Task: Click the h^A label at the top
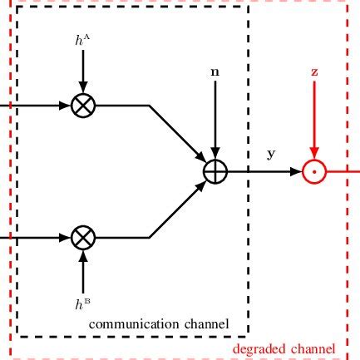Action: pos(82,39)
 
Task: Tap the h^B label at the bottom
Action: pos(82,304)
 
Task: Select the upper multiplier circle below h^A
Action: pos(82,106)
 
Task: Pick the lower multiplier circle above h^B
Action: pos(82,237)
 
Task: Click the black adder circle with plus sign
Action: pos(215,171)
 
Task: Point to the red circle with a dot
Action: pos(314,171)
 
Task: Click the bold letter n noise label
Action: pos(215,72)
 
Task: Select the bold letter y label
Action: pos(271,154)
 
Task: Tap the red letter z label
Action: pos(314,72)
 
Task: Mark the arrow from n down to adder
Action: pos(215,121)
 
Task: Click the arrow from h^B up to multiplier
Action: pos(82,270)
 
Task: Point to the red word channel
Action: pos(313,349)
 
